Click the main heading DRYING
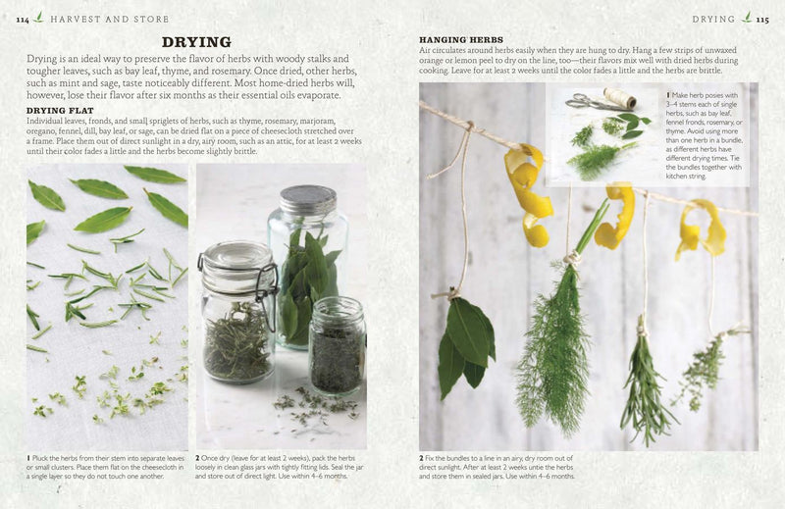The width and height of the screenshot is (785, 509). pyautogui.click(x=195, y=41)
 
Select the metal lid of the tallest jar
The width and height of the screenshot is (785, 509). pyautogui.click(x=307, y=201)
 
